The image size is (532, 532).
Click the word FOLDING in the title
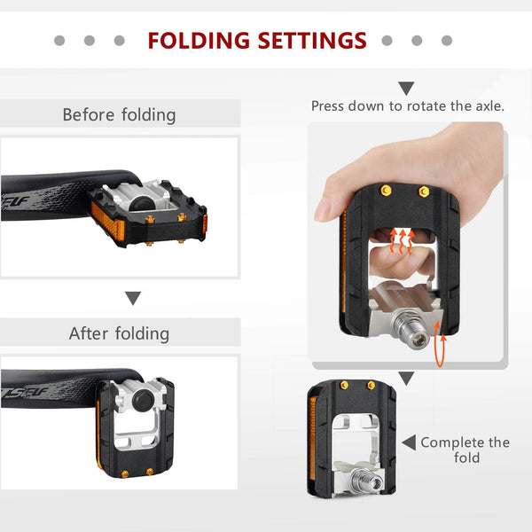coord(199,41)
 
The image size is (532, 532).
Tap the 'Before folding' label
coord(119,114)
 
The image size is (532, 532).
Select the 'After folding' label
coord(119,333)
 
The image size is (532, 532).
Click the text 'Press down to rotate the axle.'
coord(408,106)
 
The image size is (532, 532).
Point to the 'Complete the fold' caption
coord(465,450)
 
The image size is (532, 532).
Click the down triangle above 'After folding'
coord(133,298)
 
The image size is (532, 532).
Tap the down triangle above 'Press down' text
coord(406,88)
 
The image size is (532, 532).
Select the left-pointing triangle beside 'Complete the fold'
coord(409,442)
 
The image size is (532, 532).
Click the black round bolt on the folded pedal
coord(140,401)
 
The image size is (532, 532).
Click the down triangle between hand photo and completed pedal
coord(406,379)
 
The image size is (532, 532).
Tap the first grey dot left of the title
coord(59,41)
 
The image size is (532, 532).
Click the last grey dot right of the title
coord(447,41)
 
